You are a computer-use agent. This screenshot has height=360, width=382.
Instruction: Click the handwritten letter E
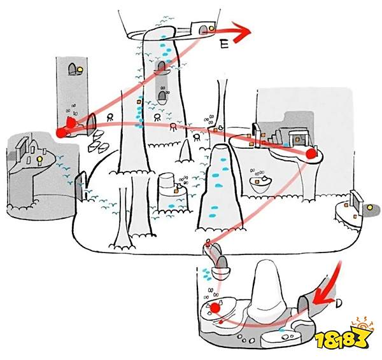pyautogui.click(x=224, y=45)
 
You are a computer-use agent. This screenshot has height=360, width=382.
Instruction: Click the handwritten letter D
pyautogui.click(x=339, y=303)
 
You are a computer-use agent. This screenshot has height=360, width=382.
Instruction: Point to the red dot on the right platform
pyautogui.click(x=311, y=154)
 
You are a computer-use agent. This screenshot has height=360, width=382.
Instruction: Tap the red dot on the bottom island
pyautogui.click(x=215, y=308)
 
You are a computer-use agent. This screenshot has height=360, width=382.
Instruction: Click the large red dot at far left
pyautogui.click(x=61, y=133)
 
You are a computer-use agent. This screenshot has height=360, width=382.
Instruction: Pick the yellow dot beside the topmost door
pyautogui.click(x=211, y=28)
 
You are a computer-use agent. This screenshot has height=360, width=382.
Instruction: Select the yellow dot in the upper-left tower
pyautogui.click(x=80, y=69)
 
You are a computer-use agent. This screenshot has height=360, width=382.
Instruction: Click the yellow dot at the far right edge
pyautogui.click(x=370, y=207)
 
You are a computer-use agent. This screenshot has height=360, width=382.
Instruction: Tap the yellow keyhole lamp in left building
pyautogui.click(x=39, y=160)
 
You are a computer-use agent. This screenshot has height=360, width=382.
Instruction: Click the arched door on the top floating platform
pyautogui.click(x=203, y=30)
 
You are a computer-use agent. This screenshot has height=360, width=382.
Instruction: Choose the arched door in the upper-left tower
pyautogui.click(x=72, y=69)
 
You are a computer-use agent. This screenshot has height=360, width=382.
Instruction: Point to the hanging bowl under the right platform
pyautogui.click(x=260, y=184)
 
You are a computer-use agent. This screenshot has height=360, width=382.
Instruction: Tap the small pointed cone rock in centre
pyautogui.click(x=185, y=151)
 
